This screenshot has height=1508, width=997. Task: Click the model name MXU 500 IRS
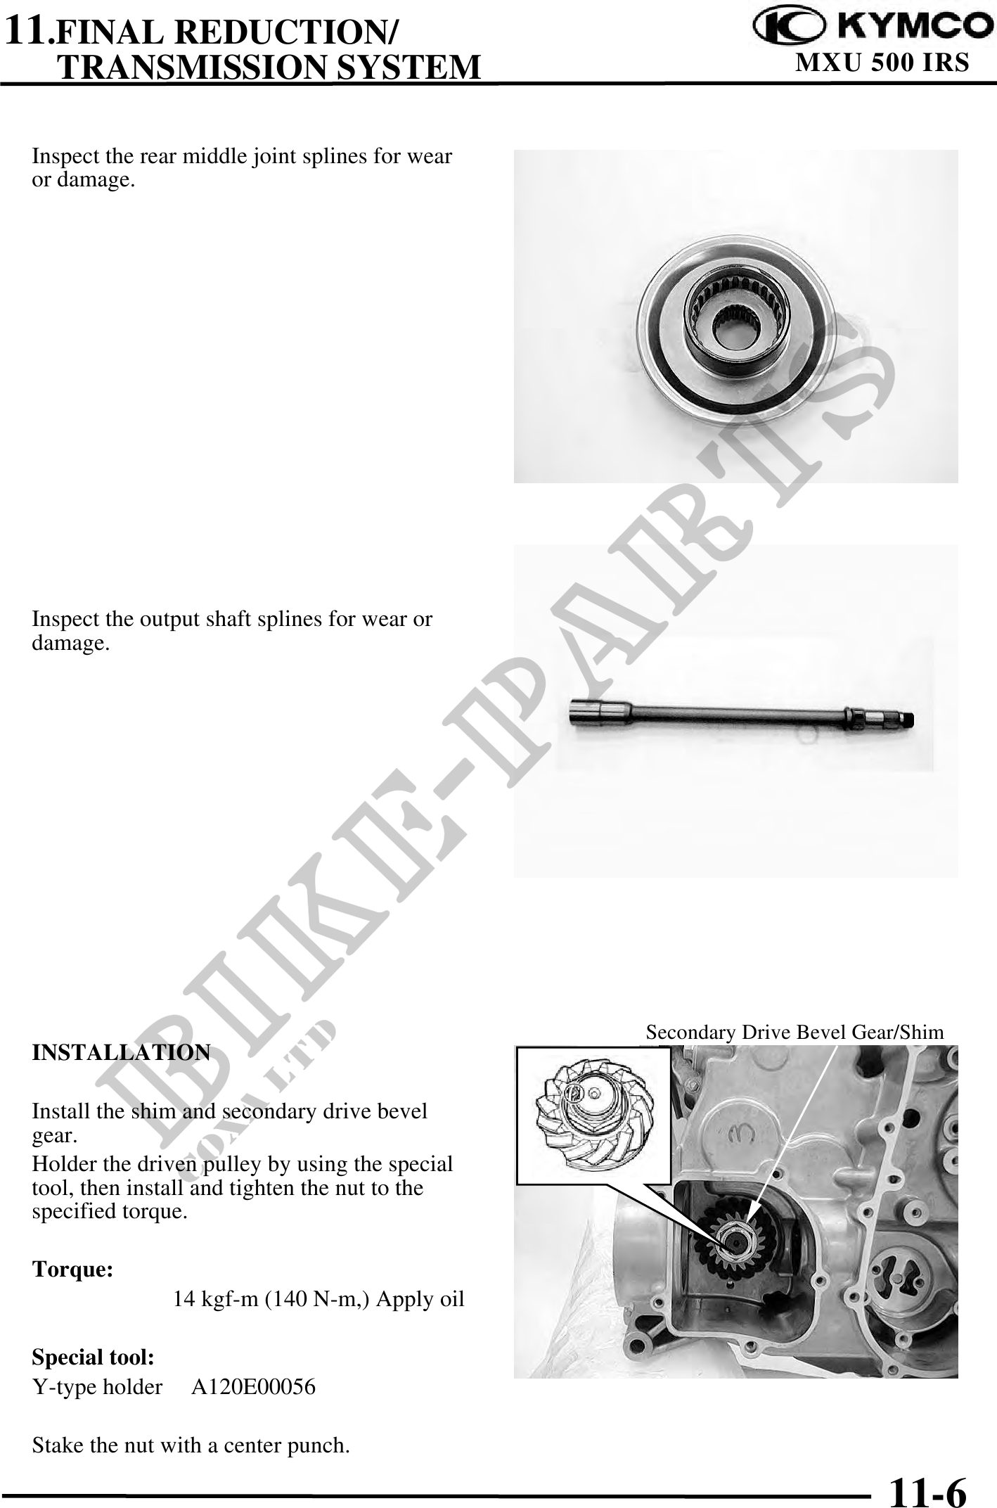(882, 63)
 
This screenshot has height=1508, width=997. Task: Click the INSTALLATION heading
(121, 1052)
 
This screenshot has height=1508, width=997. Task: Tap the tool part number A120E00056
(254, 1387)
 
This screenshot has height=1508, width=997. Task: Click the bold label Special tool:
(94, 1357)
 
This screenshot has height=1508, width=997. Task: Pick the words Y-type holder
(98, 1388)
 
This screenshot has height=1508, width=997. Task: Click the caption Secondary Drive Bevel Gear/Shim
(795, 1032)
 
